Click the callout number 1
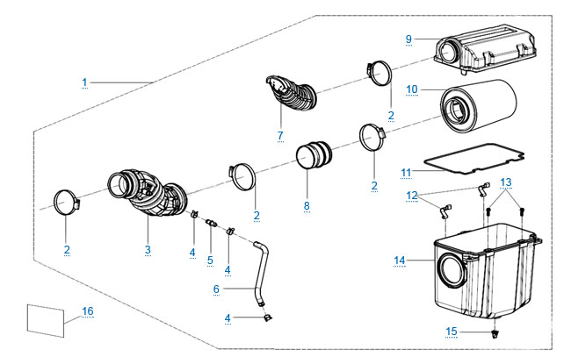coord(85,82)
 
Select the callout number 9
coord(408,39)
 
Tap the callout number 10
coord(411,89)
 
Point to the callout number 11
coord(406,171)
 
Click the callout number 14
coord(400,261)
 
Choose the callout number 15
coord(451,331)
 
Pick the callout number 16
coord(87,310)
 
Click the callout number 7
coord(280,135)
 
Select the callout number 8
coord(306,206)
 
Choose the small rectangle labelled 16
coord(47,318)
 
